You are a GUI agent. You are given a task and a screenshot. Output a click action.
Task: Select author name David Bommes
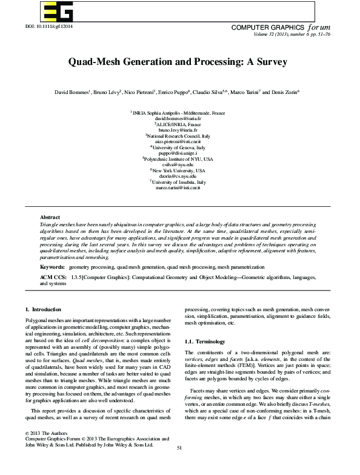[72, 92]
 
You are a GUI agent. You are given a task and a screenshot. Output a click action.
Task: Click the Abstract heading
[50, 217]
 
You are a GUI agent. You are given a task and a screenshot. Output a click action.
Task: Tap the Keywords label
[52, 267]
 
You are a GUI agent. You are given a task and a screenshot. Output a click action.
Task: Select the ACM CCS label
[53, 277]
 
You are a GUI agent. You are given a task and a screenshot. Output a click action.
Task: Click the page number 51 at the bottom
[179, 465]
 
